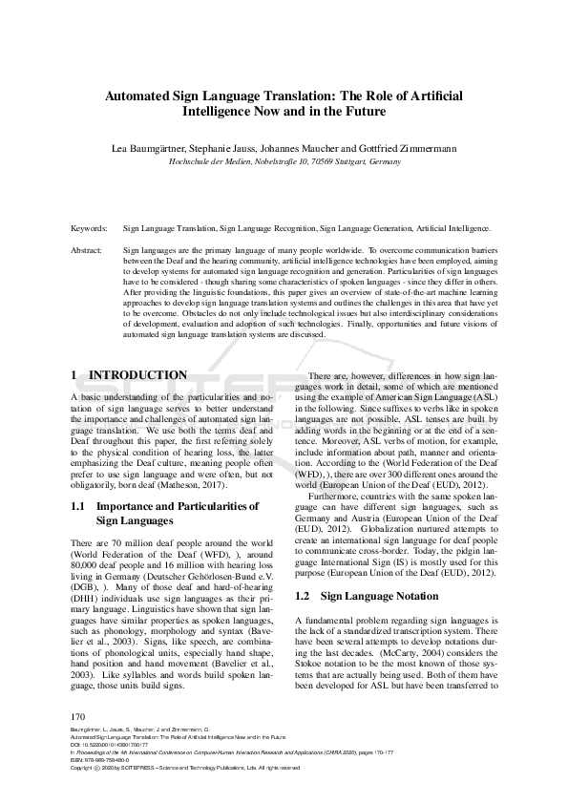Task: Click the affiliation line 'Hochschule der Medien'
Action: coord(284,162)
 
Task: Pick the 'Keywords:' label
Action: coord(90,229)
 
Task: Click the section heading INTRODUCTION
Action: coord(137,375)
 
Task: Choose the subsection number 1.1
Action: coord(81,506)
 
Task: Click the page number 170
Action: coord(80,716)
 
